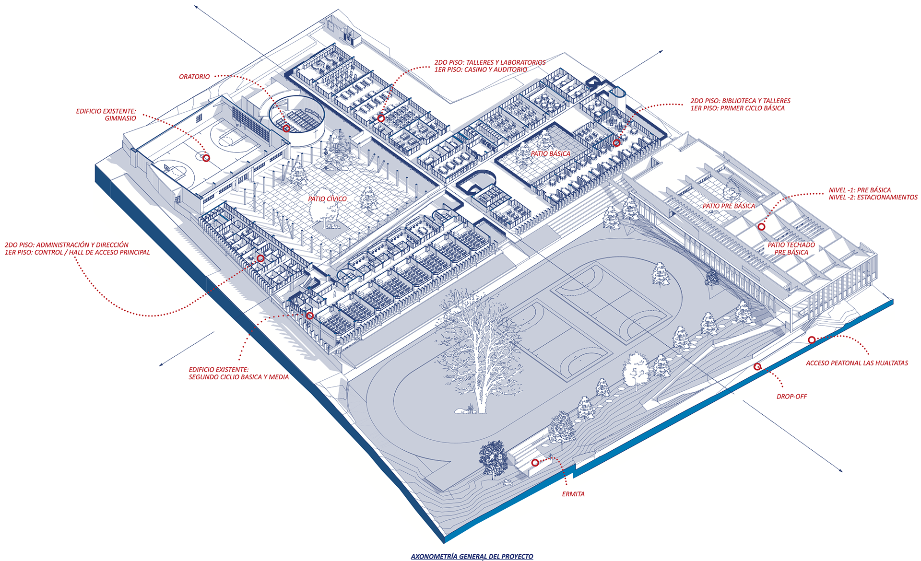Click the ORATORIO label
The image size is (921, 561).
click(x=194, y=77)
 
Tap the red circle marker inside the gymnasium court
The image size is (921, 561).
click(x=206, y=158)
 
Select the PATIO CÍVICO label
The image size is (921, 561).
click(x=327, y=199)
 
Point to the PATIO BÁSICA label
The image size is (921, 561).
click(x=550, y=154)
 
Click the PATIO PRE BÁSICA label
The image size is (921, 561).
click(x=729, y=206)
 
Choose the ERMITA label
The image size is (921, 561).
click(x=573, y=494)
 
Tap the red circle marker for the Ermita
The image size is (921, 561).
click(x=535, y=463)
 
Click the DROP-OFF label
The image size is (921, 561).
click(x=791, y=397)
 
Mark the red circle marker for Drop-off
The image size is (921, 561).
click(x=757, y=367)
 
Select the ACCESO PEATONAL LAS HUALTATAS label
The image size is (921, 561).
click(x=857, y=363)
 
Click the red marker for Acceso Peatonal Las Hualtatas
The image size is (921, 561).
click(x=812, y=340)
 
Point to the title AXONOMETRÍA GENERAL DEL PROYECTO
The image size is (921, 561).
click(x=472, y=557)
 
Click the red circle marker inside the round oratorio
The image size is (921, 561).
click(x=286, y=128)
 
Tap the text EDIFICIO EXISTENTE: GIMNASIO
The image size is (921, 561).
click(x=106, y=115)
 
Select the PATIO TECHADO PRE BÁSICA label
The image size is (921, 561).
click(x=791, y=248)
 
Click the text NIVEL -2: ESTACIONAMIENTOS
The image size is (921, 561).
click(x=873, y=198)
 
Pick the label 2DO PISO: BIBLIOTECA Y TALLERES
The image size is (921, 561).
click(x=740, y=101)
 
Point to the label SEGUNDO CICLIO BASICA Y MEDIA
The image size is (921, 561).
click(x=238, y=377)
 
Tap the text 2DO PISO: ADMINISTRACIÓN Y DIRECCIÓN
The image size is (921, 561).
click(x=67, y=245)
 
